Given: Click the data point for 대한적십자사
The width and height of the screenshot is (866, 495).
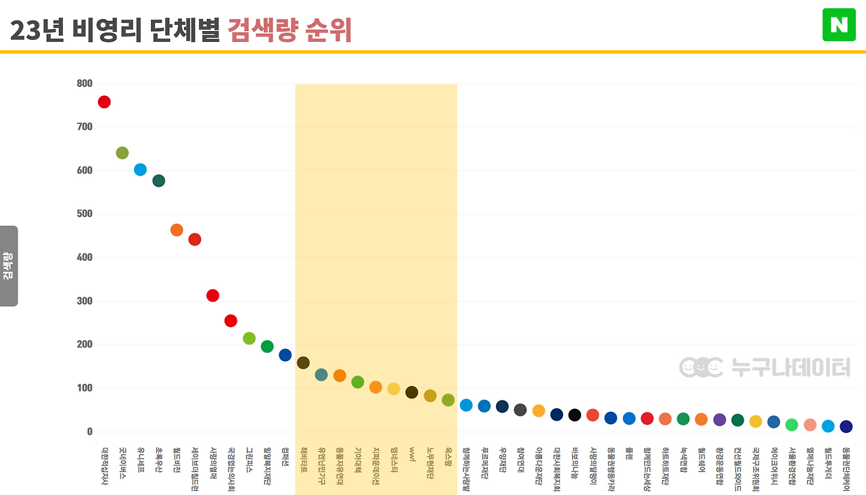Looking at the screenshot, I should [104, 102].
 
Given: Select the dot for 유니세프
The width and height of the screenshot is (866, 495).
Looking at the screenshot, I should [140, 170].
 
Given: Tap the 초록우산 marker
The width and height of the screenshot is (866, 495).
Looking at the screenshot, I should [158, 181].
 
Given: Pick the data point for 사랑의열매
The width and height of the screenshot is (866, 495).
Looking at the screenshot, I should [212, 296].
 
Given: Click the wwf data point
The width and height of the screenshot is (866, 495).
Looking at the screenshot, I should [411, 392].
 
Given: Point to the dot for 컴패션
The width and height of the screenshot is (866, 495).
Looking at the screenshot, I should [285, 355].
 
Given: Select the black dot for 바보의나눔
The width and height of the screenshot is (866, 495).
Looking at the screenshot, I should [574, 415].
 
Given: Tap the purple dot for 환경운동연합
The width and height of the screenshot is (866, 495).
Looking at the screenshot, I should [719, 420].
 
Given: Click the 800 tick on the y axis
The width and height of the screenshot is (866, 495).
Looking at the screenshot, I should [85, 84].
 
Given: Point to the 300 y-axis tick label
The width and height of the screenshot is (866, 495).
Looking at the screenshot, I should [85, 301].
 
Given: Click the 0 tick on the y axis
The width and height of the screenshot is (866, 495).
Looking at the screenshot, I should [89, 431].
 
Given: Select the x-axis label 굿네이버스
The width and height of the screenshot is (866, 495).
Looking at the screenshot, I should [122, 463].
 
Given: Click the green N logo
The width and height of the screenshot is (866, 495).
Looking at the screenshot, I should [839, 25].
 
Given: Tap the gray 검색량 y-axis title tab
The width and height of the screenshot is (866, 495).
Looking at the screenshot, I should [9, 266].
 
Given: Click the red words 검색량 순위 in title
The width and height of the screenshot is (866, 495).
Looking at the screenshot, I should [290, 30].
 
